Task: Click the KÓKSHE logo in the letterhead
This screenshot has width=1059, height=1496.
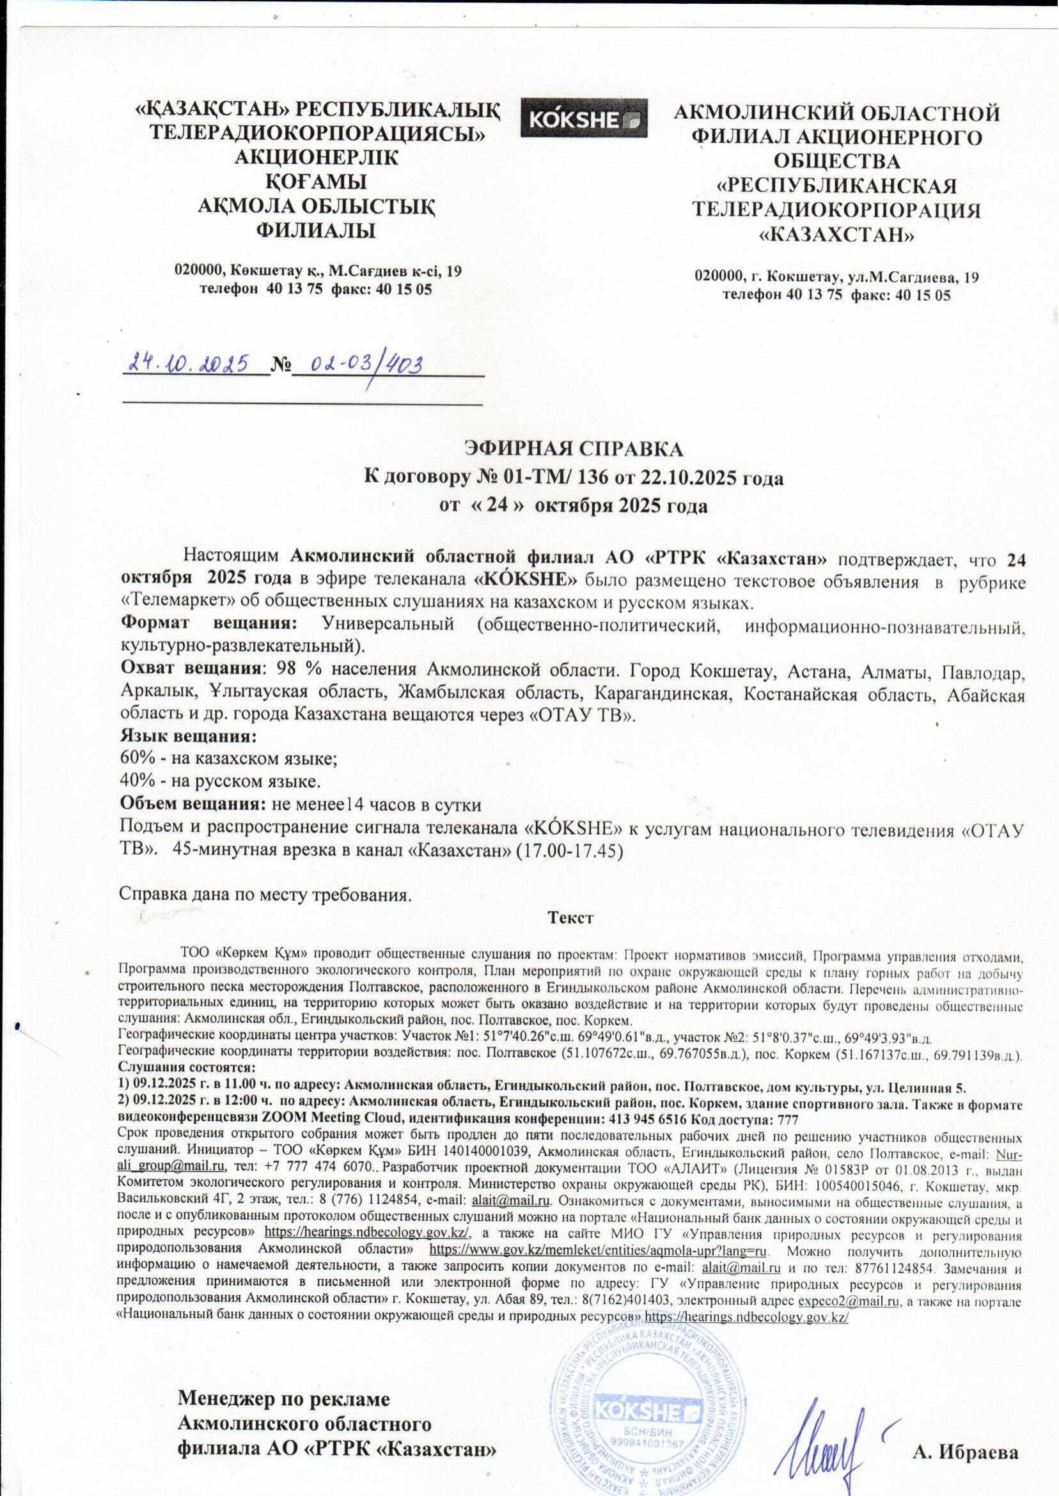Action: click(584, 118)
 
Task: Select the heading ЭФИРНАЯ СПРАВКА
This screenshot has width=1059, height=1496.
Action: click(574, 450)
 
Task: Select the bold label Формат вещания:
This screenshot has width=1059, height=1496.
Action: click(209, 624)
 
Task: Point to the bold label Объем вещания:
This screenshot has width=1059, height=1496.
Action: click(192, 804)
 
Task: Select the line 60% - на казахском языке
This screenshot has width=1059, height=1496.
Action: click(229, 759)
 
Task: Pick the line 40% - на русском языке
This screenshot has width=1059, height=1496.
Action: click(221, 782)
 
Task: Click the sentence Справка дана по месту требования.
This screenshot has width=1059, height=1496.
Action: click(266, 893)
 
